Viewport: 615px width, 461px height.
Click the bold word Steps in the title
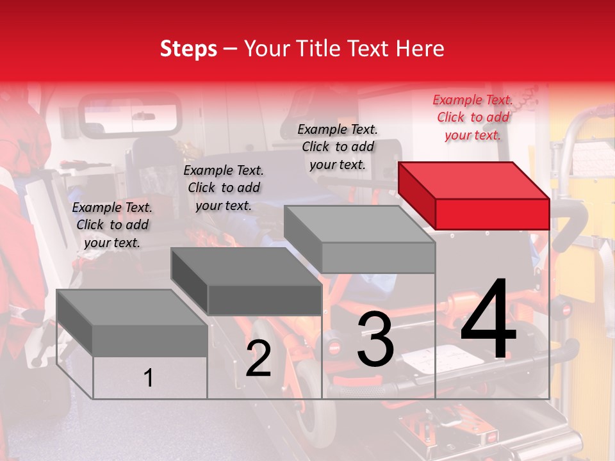[x=188, y=49]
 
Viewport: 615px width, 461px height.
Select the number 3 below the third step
[x=375, y=338]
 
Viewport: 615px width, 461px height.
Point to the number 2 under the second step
[x=258, y=357]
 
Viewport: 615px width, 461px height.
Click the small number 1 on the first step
[x=148, y=378]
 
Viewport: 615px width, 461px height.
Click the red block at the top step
[x=474, y=196]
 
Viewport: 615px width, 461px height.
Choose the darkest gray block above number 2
[x=247, y=281]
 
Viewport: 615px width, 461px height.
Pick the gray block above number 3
[x=359, y=239]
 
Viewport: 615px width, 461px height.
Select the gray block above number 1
[x=132, y=323]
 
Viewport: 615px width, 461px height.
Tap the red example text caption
[x=473, y=118]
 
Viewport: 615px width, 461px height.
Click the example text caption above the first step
[x=112, y=225]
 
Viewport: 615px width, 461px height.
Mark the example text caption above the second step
[x=224, y=188]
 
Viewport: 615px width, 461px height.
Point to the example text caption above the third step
[x=338, y=147]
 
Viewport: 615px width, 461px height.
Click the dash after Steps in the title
[x=230, y=50]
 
